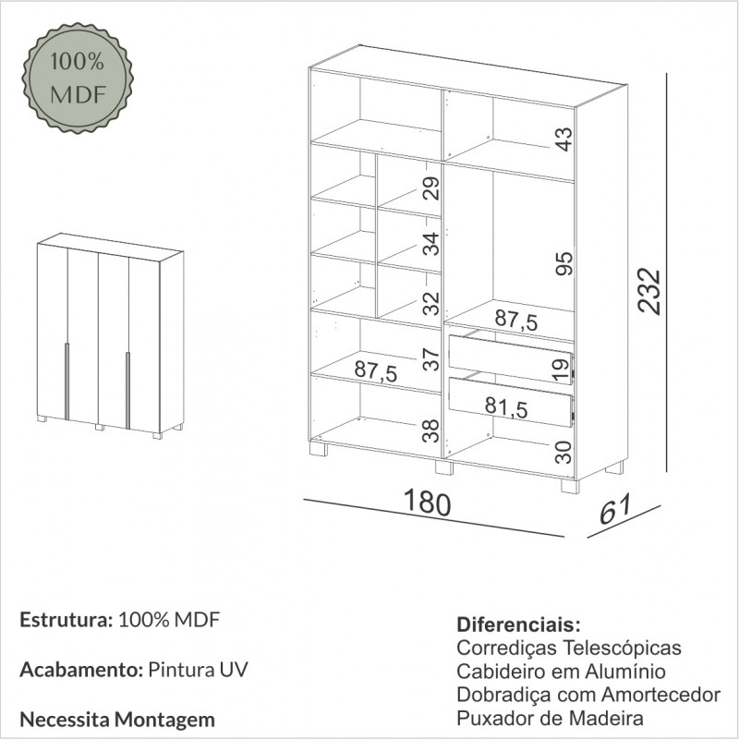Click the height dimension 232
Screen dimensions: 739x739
[x=649, y=291]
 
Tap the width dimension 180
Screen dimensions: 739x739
[x=427, y=503]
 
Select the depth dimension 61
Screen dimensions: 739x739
[x=615, y=510]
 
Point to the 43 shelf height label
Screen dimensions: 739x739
[x=563, y=139]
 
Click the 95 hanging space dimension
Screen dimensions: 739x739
[x=564, y=263]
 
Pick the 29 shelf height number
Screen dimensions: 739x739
[x=430, y=188]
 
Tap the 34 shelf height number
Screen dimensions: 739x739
[x=430, y=244]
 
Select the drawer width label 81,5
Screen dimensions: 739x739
[x=506, y=406]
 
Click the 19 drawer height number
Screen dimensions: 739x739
[x=561, y=370]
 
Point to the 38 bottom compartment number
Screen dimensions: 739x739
[x=430, y=430]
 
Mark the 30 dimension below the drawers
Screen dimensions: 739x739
[x=563, y=452]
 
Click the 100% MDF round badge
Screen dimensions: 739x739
[x=78, y=78]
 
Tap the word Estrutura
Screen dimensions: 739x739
[x=66, y=620]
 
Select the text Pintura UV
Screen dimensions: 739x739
[x=198, y=669]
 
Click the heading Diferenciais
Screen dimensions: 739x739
[x=518, y=625]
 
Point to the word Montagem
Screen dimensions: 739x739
[x=165, y=721]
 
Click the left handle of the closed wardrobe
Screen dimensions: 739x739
[x=67, y=382]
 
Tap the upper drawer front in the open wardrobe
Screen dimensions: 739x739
[x=511, y=359]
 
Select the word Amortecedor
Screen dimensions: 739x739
[x=661, y=695]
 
